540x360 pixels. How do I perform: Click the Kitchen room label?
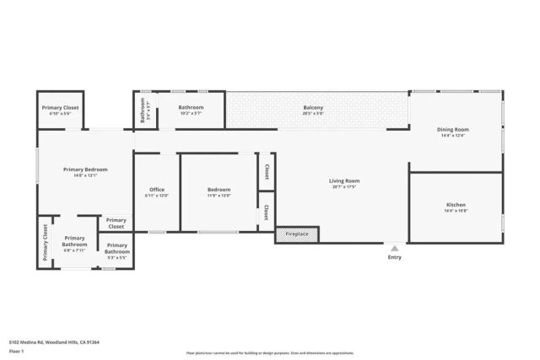pyautogui.click(x=456, y=205)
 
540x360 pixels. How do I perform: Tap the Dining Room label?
pyautogui.click(x=452, y=130)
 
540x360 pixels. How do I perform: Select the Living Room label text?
pyautogui.click(x=344, y=180)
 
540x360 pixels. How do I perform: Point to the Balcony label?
pyautogui.click(x=314, y=107)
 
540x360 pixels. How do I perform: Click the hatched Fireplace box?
pyautogui.click(x=297, y=234)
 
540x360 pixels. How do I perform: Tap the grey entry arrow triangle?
pyautogui.click(x=394, y=247)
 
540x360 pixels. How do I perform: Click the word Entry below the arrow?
pyautogui.click(x=394, y=257)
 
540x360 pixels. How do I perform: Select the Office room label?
pyautogui.click(x=157, y=189)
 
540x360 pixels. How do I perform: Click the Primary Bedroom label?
pyautogui.click(x=85, y=169)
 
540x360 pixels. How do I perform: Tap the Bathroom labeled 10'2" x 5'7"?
pyautogui.click(x=191, y=107)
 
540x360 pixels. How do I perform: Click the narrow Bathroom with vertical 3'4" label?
pyautogui.click(x=143, y=110)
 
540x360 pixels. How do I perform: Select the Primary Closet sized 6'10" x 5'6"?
pyautogui.click(x=59, y=107)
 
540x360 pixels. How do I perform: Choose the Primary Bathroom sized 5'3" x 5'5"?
pyautogui.click(x=116, y=248)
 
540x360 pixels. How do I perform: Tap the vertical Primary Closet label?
pyautogui.click(x=45, y=243)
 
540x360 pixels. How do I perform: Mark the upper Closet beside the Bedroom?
pyautogui.click(x=267, y=171)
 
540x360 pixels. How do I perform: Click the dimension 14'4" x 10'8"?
pyautogui.click(x=456, y=211)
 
